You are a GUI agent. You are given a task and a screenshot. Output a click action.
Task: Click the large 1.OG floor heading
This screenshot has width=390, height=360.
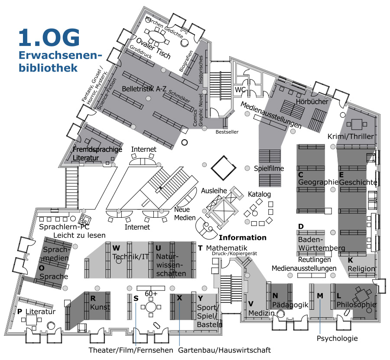pos(49,37)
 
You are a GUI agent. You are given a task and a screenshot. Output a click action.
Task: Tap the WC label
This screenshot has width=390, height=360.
pos(240,90)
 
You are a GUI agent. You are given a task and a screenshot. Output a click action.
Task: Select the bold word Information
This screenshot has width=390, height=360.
pos(243,238)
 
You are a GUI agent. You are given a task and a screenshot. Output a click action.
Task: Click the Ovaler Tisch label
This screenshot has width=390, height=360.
pos(153,49)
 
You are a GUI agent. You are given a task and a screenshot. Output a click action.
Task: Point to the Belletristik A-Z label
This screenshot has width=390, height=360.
pos(144,89)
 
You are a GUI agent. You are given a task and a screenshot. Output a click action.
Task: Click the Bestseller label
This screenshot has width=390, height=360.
pos(227,132)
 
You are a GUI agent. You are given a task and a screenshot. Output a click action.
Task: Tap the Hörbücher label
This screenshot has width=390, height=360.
pos(312,101)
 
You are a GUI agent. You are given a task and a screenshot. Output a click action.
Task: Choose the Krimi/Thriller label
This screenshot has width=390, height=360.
pos(351,137)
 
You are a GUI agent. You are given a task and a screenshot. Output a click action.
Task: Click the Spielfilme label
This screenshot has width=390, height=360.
pos(269,169)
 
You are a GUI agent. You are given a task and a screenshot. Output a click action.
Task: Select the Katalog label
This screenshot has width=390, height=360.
pos(260,194)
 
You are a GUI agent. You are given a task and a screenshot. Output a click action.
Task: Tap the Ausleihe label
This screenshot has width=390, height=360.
pos(214,191)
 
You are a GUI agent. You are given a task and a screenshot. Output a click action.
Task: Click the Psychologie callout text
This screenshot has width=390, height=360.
pos(337,338)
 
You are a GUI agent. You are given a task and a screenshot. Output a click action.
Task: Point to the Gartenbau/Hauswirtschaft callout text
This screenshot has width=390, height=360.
pos(224,350)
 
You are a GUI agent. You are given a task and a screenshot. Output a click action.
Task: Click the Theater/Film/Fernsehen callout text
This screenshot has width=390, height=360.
pos(131,350)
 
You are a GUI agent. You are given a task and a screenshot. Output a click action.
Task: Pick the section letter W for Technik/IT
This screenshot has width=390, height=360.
pos(116,248)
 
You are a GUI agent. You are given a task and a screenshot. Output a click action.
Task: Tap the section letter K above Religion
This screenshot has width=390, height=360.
pos(350,260)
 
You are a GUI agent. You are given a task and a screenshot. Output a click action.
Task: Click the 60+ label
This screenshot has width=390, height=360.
pos(151,294)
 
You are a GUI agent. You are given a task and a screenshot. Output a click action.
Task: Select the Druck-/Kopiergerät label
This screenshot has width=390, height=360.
pos(234,254)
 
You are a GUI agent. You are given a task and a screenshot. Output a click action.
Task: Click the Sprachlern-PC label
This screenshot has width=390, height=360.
pos(64,227)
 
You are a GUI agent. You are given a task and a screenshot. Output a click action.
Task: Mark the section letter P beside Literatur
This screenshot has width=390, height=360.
pos(19,311)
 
